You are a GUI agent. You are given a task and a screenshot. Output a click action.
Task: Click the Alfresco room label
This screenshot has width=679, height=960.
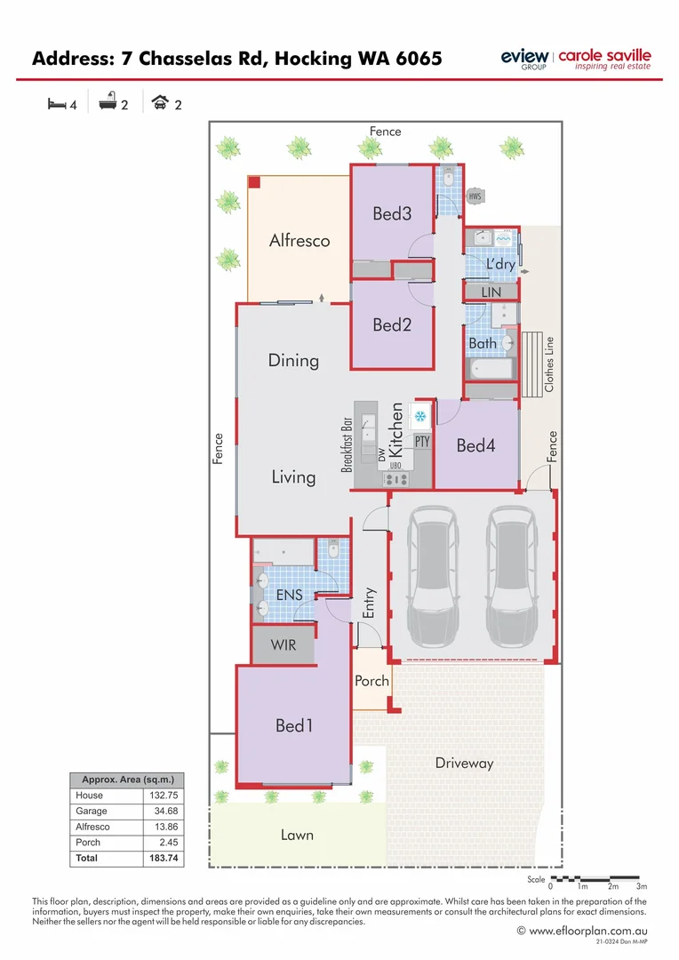pyautogui.click(x=300, y=240)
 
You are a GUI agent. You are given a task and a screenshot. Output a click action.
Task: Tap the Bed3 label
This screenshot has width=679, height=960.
pyautogui.click(x=392, y=213)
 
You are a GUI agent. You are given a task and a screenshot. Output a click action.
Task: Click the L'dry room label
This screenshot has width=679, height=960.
pyautogui.click(x=500, y=265)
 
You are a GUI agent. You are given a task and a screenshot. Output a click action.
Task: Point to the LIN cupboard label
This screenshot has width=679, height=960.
pyautogui.click(x=491, y=292)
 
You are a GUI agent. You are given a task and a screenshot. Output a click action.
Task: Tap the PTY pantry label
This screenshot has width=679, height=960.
pyautogui.click(x=422, y=441)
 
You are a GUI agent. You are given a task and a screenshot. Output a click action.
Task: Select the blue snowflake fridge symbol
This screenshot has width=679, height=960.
pyautogui.click(x=420, y=416)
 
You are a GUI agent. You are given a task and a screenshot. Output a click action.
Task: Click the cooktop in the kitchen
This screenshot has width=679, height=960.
pyautogui.click(x=396, y=479)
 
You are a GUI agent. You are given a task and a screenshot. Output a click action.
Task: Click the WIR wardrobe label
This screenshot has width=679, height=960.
pyautogui.click(x=284, y=645)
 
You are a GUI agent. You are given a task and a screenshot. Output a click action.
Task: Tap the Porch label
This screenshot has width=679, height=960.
pyautogui.click(x=371, y=681)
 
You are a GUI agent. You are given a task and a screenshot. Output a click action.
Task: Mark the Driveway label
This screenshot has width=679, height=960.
pyautogui.click(x=464, y=763)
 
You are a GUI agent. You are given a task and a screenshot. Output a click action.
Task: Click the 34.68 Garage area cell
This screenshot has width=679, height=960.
pyautogui.click(x=164, y=811)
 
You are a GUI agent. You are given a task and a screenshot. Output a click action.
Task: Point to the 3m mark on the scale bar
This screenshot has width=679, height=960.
pyautogui.click(x=642, y=886)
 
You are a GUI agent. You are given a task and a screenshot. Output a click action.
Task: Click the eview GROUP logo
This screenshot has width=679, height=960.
pyautogui.click(x=525, y=60)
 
